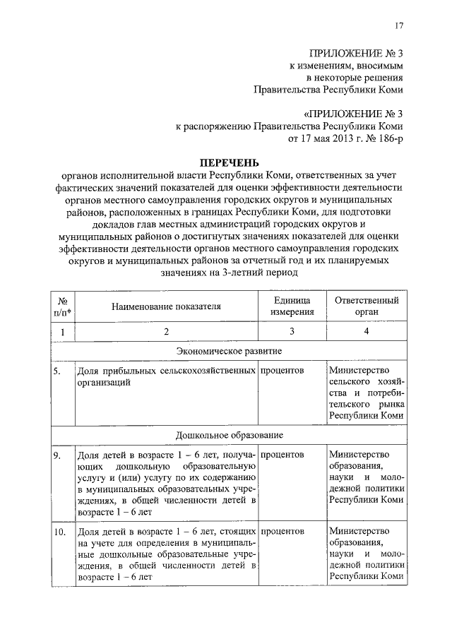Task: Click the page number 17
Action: click(399, 26)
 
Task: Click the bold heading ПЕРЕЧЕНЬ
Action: click(225, 162)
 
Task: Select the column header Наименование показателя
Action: click(165, 306)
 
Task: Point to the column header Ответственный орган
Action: click(367, 306)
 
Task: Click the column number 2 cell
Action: click(165, 331)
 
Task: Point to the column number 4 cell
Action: click(367, 331)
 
